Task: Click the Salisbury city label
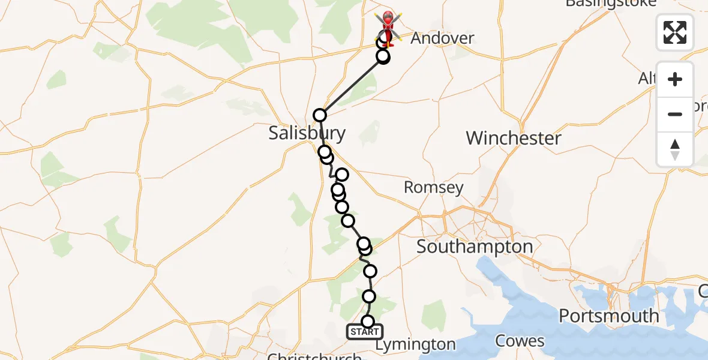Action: point(307,133)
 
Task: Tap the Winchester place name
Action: point(514,138)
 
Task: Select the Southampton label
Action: point(474,246)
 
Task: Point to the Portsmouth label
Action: point(608,316)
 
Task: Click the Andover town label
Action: point(442,38)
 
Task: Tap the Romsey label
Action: point(433,187)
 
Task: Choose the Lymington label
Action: point(415,344)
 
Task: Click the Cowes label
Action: point(520,341)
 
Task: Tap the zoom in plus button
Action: point(675,79)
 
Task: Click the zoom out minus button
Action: point(675,114)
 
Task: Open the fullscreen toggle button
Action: point(675,32)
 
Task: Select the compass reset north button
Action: point(675,149)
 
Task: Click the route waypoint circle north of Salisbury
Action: point(320,115)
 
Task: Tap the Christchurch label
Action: point(314,356)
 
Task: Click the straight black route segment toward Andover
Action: point(351,86)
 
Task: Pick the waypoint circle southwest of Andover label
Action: point(383,57)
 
